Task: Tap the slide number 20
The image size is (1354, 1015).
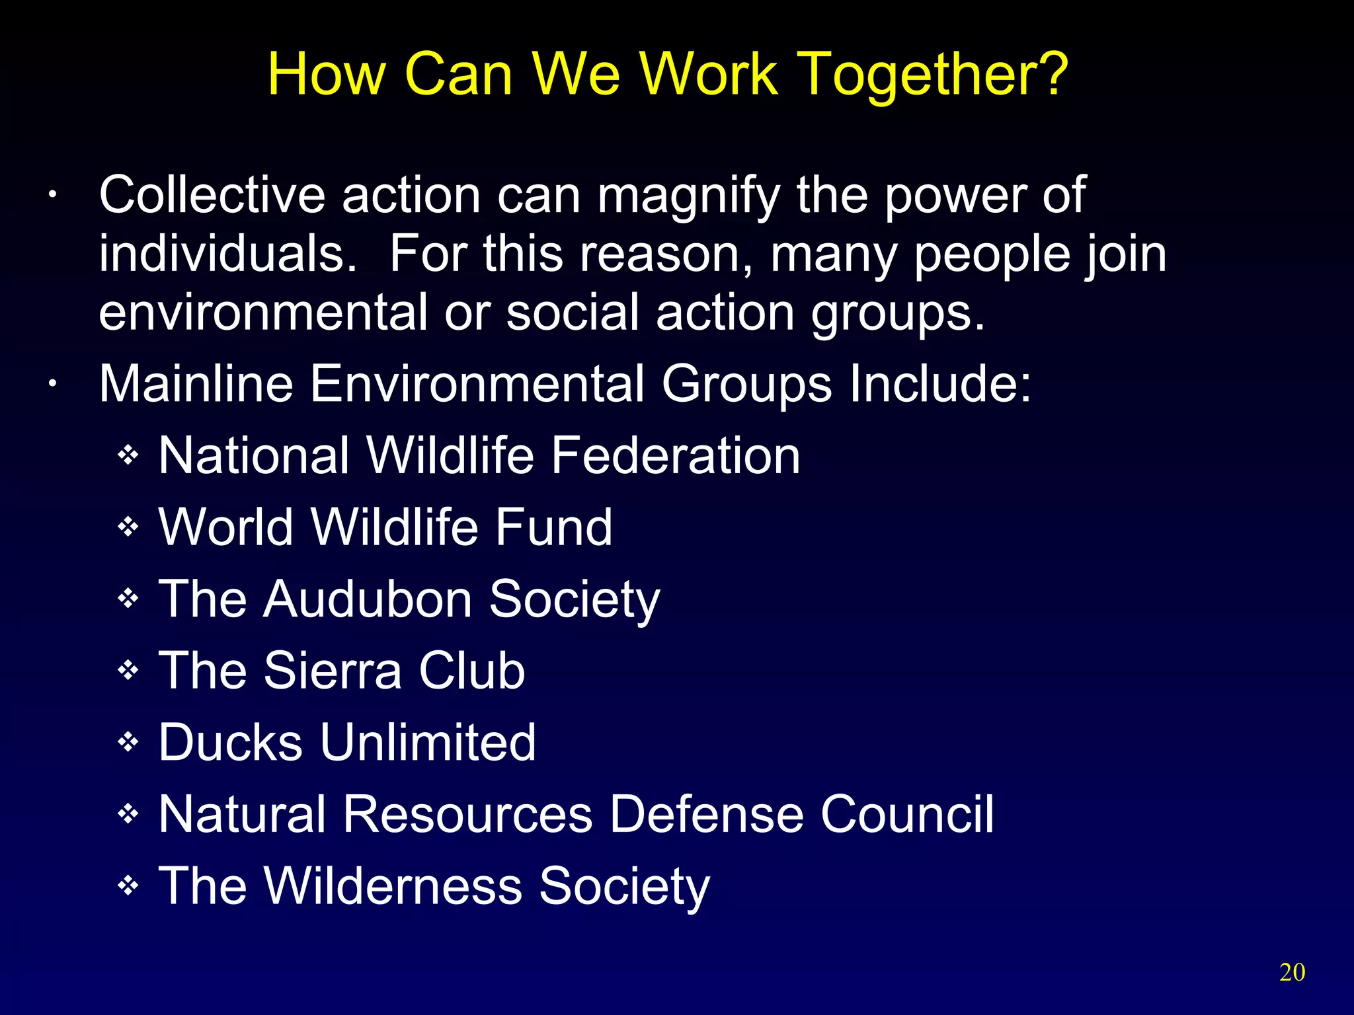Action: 1292,972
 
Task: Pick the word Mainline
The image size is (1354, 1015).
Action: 196,384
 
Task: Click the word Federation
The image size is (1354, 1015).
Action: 675,455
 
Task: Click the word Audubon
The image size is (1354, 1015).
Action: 367,599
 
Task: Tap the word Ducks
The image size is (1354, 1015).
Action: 231,742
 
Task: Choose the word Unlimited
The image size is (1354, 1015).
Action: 428,742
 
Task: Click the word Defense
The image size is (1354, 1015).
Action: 705,814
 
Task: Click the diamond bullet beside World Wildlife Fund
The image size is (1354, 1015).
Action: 128,527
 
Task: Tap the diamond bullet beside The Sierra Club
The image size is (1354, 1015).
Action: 128,671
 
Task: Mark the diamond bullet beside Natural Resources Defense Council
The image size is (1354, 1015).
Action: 128,814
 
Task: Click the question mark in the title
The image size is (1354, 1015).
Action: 1047,74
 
